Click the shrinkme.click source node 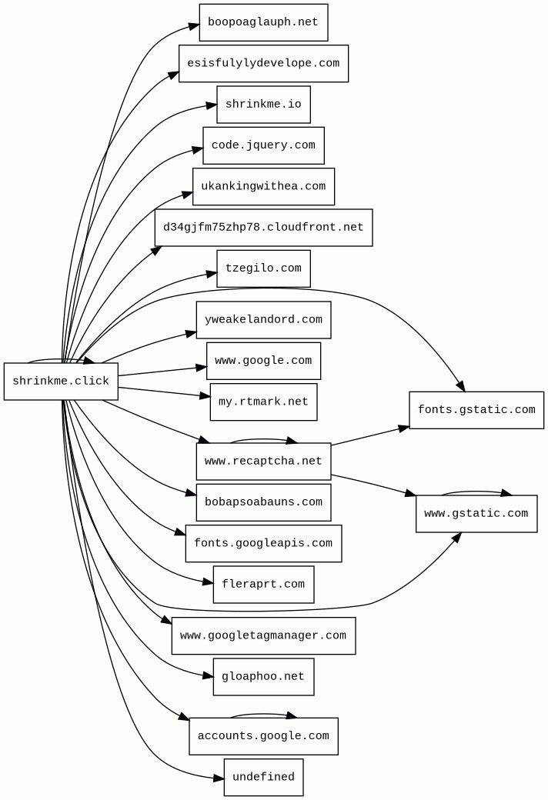[x=61, y=382]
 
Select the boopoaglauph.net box [x=263, y=22]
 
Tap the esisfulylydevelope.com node [x=263, y=63]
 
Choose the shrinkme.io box [x=263, y=105]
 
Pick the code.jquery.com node [x=263, y=145]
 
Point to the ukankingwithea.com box [x=263, y=187]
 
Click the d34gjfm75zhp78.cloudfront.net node [x=263, y=228]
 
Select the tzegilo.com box [x=263, y=268]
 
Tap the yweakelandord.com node [x=263, y=320]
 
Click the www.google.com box [x=263, y=361]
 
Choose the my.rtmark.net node [x=263, y=402]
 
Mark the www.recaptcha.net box [x=263, y=462]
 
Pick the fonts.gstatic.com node [x=476, y=410]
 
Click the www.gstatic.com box [x=476, y=514]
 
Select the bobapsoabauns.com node [x=263, y=502]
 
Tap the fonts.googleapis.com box [x=263, y=544]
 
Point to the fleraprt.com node [x=263, y=585]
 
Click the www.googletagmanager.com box [x=263, y=636]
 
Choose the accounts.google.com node [x=263, y=736]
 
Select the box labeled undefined [x=263, y=778]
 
